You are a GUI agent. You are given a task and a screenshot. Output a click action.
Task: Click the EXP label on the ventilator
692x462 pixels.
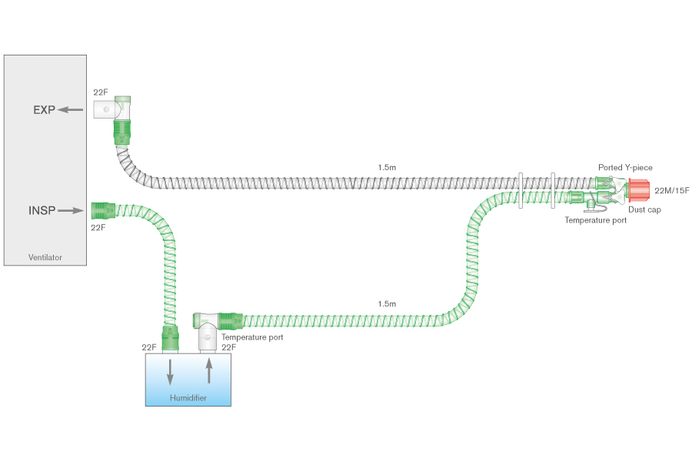(x=44, y=110)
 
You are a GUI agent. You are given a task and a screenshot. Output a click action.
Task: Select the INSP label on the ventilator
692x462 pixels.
(x=42, y=210)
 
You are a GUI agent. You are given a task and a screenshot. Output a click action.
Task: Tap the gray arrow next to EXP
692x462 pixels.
(x=72, y=110)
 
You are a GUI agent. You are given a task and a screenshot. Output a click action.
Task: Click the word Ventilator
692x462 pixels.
(x=45, y=257)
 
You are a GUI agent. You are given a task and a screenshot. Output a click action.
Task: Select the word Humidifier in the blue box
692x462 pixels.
(x=188, y=397)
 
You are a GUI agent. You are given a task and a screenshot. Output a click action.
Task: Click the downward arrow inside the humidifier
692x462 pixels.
(x=170, y=373)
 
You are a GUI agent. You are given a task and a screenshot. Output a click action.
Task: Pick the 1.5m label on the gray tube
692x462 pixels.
(x=387, y=167)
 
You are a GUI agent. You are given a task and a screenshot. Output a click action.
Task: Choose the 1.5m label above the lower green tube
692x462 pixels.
(x=387, y=303)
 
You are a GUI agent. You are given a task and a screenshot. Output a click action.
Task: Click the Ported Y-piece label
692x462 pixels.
(x=625, y=167)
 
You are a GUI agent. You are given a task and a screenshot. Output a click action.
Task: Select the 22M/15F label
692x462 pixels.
(x=671, y=190)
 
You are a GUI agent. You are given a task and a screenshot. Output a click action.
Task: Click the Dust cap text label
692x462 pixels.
(x=644, y=209)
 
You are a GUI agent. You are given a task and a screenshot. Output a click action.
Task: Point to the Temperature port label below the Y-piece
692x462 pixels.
(x=595, y=220)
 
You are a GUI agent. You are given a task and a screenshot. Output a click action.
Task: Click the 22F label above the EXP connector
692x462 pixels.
(x=101, y=92)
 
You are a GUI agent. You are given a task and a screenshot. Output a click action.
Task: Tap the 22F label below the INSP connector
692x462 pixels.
(x=98, y=228)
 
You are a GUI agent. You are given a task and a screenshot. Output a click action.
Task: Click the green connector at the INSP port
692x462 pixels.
(x=102, y=209)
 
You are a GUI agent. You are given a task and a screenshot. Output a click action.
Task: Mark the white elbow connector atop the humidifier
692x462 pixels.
(x=208, y=336)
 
